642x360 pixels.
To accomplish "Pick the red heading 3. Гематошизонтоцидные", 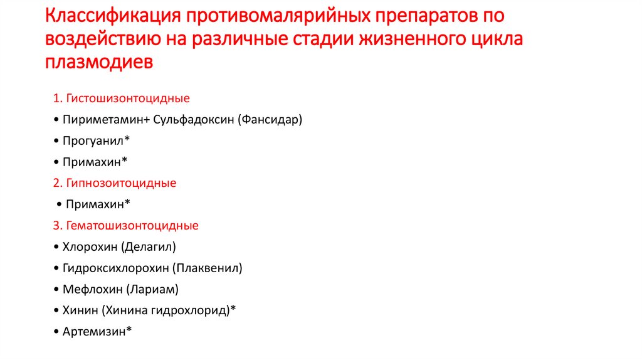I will (126, 225).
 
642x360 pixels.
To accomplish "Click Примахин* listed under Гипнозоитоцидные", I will (98, 204).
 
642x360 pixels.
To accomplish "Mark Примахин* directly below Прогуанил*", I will (95, 162).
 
